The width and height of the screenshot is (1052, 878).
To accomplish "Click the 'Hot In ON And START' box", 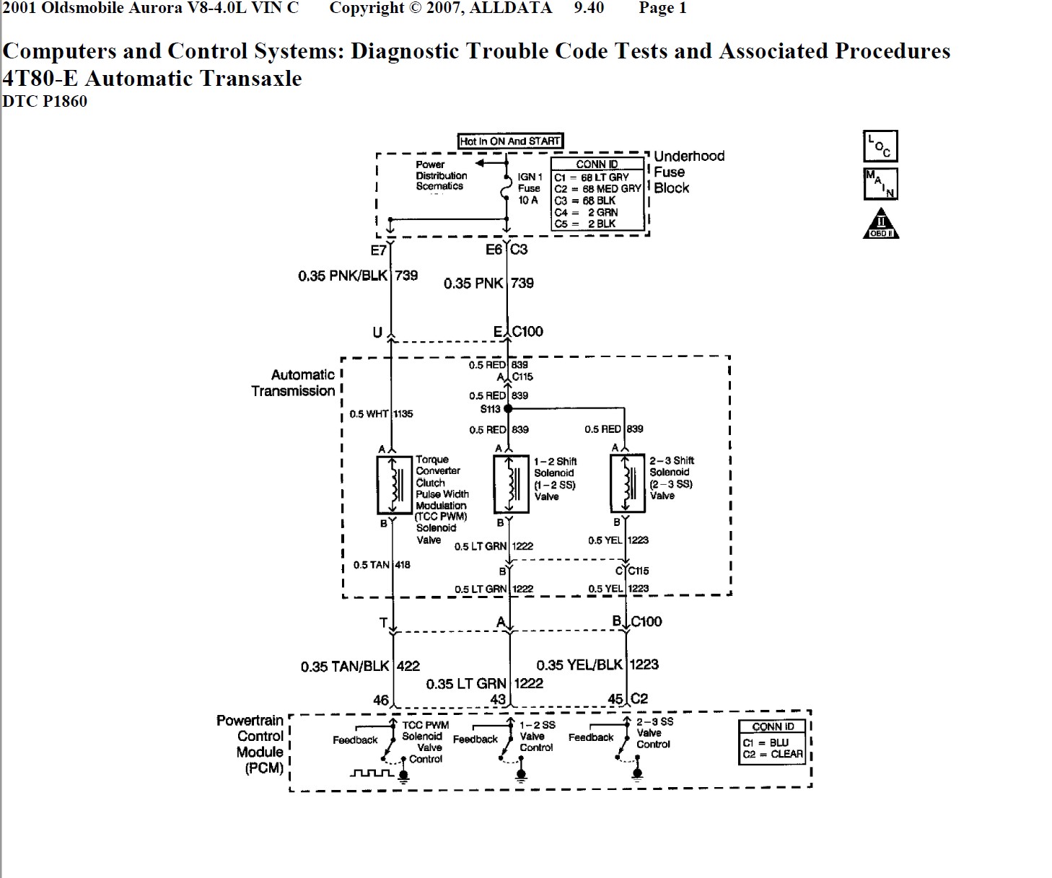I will click(510, 141).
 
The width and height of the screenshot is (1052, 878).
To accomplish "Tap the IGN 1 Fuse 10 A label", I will click(529, 188).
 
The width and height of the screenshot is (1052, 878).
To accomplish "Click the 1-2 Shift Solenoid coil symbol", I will click(511, 483).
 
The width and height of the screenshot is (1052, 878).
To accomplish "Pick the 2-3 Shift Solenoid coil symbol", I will click(628, 483).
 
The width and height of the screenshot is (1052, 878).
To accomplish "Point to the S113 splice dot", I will click(508, 409).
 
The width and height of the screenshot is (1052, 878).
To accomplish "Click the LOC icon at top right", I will click(880, 146).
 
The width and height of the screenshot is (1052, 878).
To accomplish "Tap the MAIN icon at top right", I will click(880, 183).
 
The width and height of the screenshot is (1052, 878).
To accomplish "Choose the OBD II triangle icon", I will click(881, 224).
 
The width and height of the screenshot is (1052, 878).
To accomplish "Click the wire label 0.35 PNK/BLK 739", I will click(358, 276).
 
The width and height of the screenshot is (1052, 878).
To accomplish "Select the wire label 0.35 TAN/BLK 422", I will click(360, 667).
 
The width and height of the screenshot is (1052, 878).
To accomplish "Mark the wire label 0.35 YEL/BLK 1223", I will click(597, 665).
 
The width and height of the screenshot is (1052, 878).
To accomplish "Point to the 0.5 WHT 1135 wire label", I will click(381, 414).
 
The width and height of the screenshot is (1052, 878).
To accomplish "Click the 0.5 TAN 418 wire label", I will click(382, 565).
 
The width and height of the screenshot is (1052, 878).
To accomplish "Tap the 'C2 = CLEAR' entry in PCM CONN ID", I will click(772, 755).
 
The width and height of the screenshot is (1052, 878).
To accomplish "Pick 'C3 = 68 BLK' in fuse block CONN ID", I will click(584, 201).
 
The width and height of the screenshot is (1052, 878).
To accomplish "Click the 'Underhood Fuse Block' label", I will click(688, 172).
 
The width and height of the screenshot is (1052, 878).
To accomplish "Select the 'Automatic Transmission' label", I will click(294, 383).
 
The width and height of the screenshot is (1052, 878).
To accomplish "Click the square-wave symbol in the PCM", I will click(372, 773).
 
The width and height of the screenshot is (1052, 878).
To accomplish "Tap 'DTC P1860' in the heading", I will click(45, 102).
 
